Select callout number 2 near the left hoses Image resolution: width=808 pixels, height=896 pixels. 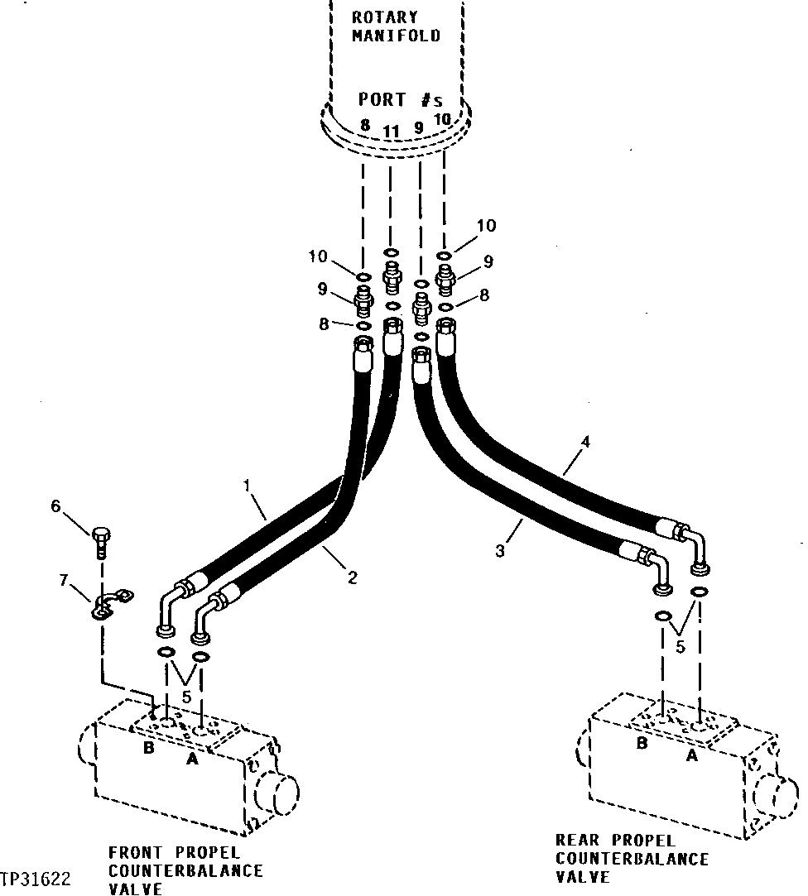pyautogui.click(x=353, y=577)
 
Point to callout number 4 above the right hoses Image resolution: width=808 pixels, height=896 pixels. pyautogui.click(x=584, y=443)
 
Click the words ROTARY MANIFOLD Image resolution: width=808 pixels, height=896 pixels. pyautogui.click(x=396, y=26)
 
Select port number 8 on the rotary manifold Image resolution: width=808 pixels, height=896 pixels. pyautogui.click(x=364, y=125)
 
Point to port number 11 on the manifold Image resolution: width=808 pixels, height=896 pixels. pyautogui.click(x=392, y=131)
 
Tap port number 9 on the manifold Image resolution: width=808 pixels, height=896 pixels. pyautogui.click(x=419, y=127)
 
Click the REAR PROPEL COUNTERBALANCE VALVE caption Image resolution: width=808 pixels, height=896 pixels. pyautogui.click(x=632, y=858)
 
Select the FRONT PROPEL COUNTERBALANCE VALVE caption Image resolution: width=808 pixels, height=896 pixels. pyautogui.click(x=185, y=870)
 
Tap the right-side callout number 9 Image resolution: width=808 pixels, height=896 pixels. pyautogui.click(x=488, y=261)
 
